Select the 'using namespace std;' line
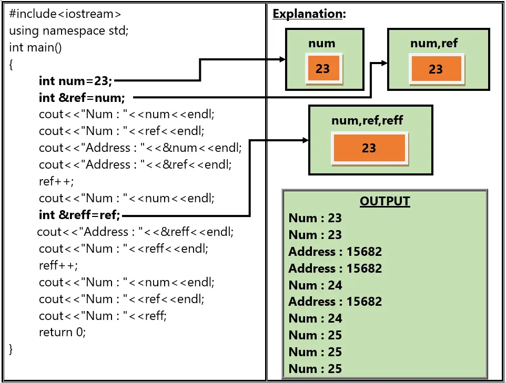click(68, 30)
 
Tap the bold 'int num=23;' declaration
click(75, 81)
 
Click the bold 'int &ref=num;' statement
click(82, 98)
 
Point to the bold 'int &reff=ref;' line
click(79, 215)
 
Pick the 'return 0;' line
click(62, 332)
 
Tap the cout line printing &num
click(140, 148)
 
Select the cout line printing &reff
click(135, 232)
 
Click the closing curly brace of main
click(11, 349)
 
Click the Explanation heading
click(309, 14)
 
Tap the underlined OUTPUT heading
click(384, 201)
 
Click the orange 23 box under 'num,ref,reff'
click(369, 148)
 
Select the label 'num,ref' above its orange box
click(434, 43)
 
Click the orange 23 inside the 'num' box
click(323, 69)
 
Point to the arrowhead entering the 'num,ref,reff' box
click(305, 140)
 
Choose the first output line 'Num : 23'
click(315, 218)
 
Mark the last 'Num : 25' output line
click(315, 369)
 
